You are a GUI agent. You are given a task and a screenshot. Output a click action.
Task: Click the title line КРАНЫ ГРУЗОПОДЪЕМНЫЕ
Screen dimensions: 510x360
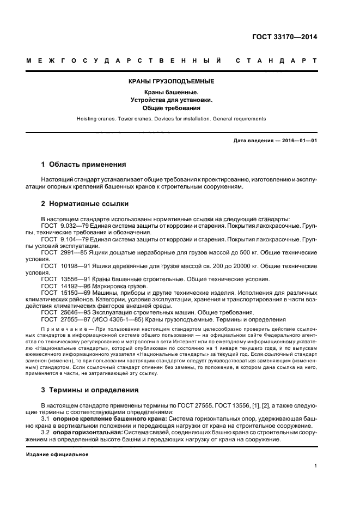pyautogui.click(x=171, y=82)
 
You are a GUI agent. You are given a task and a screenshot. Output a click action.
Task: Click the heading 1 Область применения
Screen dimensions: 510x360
pyautogui.click(x=84, y=164)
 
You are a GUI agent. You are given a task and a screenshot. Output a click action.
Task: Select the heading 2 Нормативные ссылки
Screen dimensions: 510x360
pyautogui.click(x=85, y=204)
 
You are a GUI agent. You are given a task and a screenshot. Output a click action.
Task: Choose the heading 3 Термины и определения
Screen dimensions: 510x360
pyautogui.click(x=90, y=390)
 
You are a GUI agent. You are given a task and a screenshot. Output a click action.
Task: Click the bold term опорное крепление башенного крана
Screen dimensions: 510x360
pyautogui.click(x=113, y=418)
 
